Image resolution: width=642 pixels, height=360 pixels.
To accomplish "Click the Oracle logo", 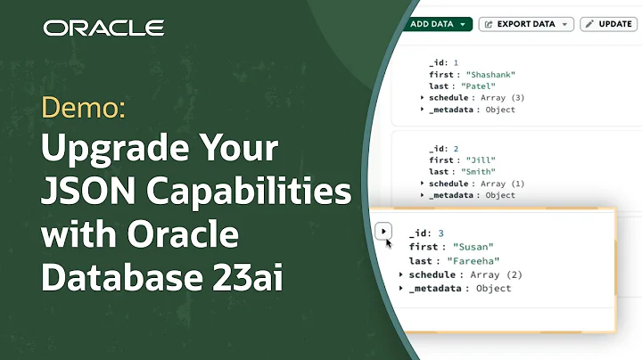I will point(103,28).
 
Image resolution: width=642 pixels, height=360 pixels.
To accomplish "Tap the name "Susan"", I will point(474,245).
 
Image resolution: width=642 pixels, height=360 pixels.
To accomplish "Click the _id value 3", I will point(440,232).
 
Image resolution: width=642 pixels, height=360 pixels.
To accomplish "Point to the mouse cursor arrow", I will point(388,241).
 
